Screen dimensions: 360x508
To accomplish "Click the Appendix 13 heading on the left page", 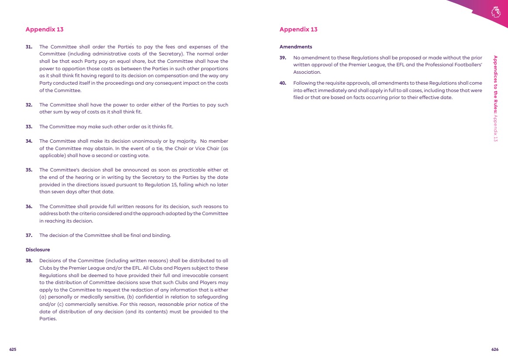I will point(45,29).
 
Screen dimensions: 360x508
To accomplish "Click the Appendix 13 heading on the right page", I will point(299,29).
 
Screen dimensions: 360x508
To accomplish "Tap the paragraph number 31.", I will point(29,47).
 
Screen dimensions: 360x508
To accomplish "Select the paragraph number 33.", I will point(29,127).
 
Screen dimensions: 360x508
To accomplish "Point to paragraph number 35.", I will point(29,170).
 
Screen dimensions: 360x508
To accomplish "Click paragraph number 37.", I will point(29,235).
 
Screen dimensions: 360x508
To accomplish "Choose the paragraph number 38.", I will point(29,261).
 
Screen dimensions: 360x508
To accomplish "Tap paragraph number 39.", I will point(283,58).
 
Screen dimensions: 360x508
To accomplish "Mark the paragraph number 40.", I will point(283,83).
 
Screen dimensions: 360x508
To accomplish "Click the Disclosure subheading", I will point(38,250).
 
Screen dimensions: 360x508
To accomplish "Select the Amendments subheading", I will point(295,47).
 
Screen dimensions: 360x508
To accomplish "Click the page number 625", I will point(13,350).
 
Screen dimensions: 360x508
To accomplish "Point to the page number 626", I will point(495,350).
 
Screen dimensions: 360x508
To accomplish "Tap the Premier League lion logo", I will point(495,11).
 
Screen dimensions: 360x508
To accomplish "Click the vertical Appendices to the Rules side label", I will point(495,98).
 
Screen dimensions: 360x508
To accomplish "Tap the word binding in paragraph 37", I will point(162,235).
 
